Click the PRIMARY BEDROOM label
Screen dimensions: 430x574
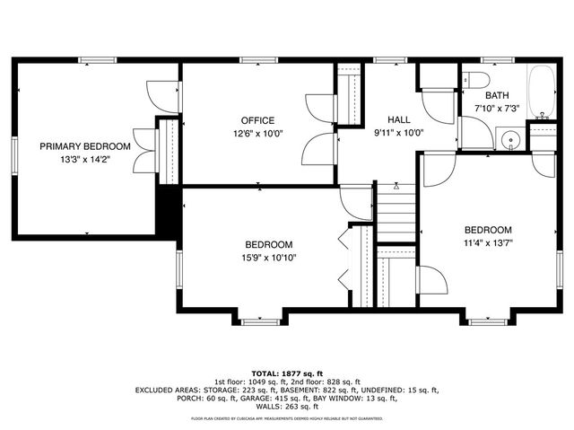85,146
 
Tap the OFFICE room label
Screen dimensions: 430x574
257,120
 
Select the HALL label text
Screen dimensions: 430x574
399,120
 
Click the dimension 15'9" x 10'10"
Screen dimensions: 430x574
270,258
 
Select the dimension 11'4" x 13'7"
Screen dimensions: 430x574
488,242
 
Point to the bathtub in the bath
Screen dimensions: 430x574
541,92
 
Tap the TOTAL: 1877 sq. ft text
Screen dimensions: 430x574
287,373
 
